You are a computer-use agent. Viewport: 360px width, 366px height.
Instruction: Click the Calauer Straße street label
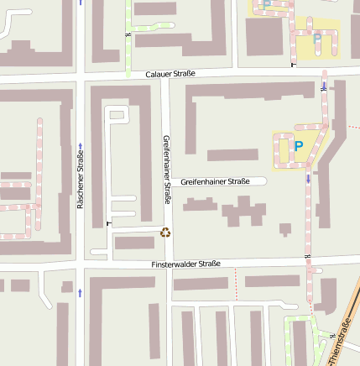click(170, 74)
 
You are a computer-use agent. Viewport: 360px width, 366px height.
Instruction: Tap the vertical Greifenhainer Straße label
click(166, 170)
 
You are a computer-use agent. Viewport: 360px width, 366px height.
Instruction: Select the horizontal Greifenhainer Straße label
click(215, 181)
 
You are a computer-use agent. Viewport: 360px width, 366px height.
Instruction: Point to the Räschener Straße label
click(81, 178)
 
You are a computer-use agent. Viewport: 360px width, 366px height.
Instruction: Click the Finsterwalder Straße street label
click(185, 264)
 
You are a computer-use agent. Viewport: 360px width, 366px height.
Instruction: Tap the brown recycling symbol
click(165, 233)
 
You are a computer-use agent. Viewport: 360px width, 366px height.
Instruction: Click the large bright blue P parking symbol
click(298, 147)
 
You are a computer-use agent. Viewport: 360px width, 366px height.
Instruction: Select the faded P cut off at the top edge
click(267, 4)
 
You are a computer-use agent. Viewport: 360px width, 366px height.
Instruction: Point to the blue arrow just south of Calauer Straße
click(324, 87)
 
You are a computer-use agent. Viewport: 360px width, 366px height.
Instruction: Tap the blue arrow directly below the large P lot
click(308, 178)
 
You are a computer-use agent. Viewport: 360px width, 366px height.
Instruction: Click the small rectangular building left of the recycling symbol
click(134, 243)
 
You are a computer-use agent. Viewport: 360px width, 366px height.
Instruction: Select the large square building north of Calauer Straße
click(263, 37)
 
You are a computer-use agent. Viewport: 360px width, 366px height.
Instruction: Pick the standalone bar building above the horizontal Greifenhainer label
click(232, 154)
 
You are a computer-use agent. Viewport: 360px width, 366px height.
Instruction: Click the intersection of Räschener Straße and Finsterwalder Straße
click(81, 268)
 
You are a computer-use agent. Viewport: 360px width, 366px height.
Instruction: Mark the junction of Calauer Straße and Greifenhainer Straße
click(166, 76)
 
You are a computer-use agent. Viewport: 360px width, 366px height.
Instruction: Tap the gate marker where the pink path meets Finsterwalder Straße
click(309, 255)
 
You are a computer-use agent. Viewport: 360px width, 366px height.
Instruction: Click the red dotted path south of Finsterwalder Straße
click(237, 282)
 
